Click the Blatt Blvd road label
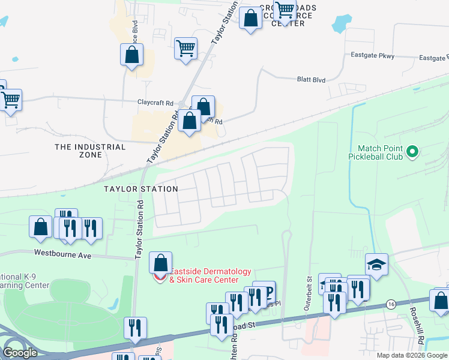311,79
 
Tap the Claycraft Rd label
155,103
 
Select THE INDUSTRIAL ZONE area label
90,151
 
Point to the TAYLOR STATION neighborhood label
140,189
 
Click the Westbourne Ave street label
62,254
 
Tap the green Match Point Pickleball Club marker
412,152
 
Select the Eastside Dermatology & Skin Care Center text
204,275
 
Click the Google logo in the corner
19,353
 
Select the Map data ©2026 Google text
412,355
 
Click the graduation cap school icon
376,264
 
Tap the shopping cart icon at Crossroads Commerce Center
285,10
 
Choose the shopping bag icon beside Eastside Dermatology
160,262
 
